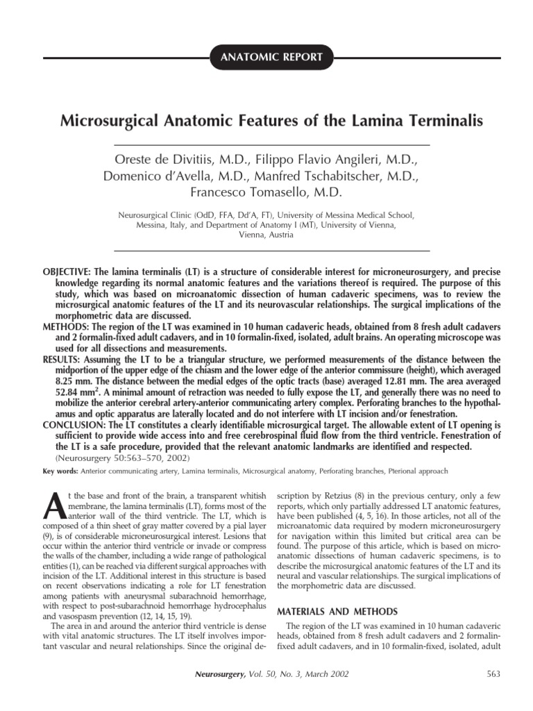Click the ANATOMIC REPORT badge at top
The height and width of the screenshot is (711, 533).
tap(271, 58)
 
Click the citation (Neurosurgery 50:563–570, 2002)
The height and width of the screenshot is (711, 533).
tap(119, 458)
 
